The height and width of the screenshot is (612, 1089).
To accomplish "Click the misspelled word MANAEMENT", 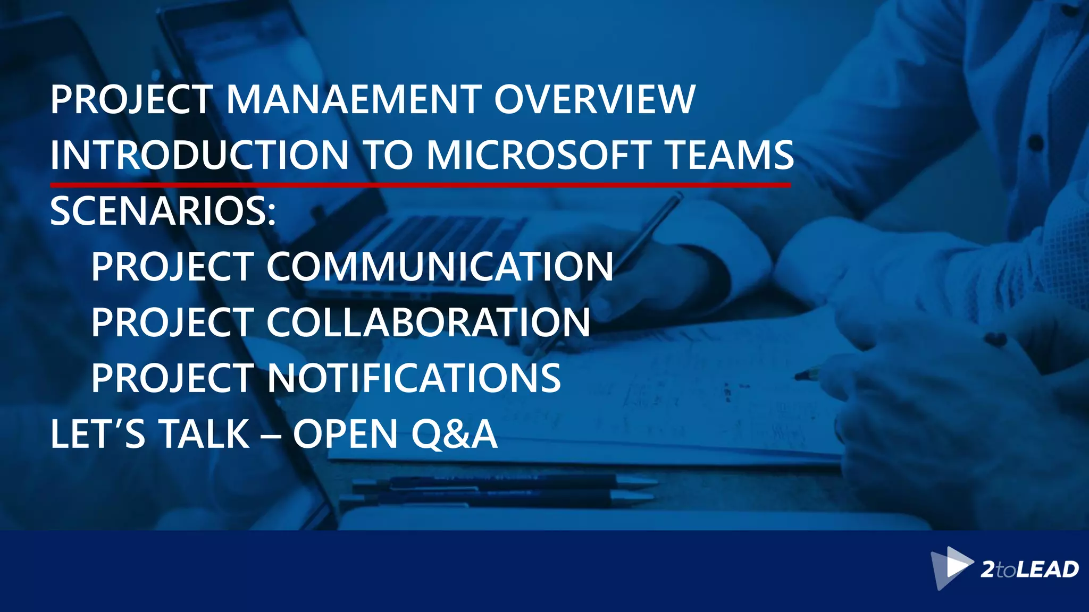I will coord(354,99).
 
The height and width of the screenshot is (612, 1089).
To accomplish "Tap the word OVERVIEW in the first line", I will coord(594,99).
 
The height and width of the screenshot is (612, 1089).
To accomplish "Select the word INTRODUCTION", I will coord(199,155).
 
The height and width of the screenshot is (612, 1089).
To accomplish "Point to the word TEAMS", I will coord(730,155).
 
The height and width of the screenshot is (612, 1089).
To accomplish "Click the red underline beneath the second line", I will coord(420,185).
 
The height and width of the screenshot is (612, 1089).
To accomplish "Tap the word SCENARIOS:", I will coord(163,211).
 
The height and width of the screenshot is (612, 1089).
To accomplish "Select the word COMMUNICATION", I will coord(440,267).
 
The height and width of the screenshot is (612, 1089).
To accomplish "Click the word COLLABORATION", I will coord(428,322).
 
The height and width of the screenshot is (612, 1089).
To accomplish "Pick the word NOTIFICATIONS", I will coord(414,378).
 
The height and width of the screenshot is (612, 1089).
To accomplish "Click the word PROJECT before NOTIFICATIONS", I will coord(172,378).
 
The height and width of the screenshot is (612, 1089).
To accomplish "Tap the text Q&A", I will coord(454,434).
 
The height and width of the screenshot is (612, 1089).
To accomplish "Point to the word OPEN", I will coord(346,434).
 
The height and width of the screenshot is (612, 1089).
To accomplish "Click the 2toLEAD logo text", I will coord(1029,569).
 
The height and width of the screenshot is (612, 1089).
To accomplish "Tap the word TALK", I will coord(204,434).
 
